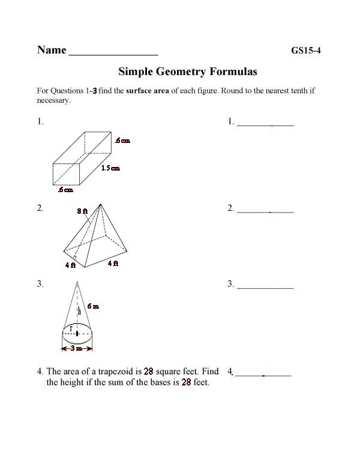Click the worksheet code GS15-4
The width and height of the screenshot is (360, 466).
pyautogui.click(x=306, y=50)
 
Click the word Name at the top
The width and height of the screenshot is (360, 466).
pyautogui.click(x=52, y=50)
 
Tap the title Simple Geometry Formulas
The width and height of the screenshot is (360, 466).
pyautogui.click(x=188, y=71)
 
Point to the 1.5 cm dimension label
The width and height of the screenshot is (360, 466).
pyautogui.click(x=110, y=168)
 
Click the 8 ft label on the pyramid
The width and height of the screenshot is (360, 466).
pyautogui.click(x=82, y=211)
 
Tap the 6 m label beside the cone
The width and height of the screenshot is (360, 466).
pyautogui.click(x=93, y=306)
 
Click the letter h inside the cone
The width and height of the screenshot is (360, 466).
pyautogui.click(x=79, y=311)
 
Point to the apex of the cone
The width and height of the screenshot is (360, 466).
pyautogui.click(x=77, y=282)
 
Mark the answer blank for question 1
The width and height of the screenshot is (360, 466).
pyautogui.click(x=265, y=124)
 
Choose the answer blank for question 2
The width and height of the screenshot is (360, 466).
pyautogui.click(x=265, y=211)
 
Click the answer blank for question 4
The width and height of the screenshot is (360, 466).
pyautogui.click(x=263, y=375)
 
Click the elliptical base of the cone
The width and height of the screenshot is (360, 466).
pyautogui.click(x=77, y=333)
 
